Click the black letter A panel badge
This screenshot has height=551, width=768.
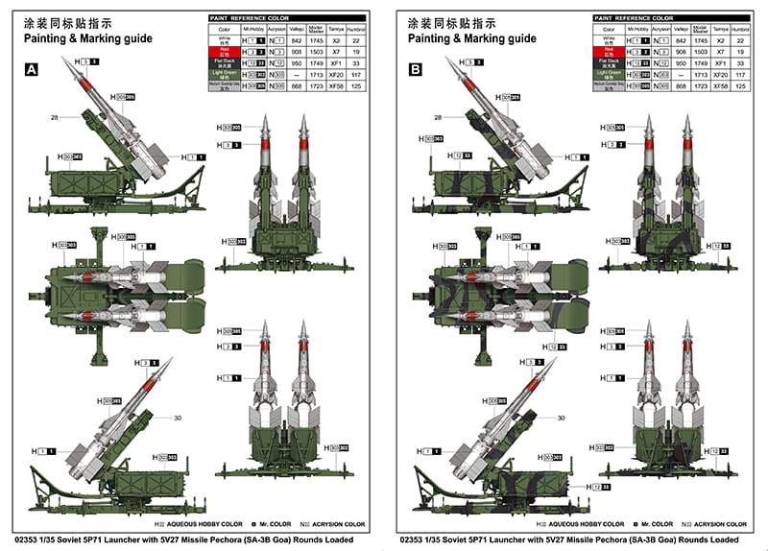point(31,69)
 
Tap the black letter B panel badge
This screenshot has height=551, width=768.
point(415,69)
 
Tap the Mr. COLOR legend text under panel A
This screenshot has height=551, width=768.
point(273,525)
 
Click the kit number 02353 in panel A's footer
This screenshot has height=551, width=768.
point(31,540)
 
